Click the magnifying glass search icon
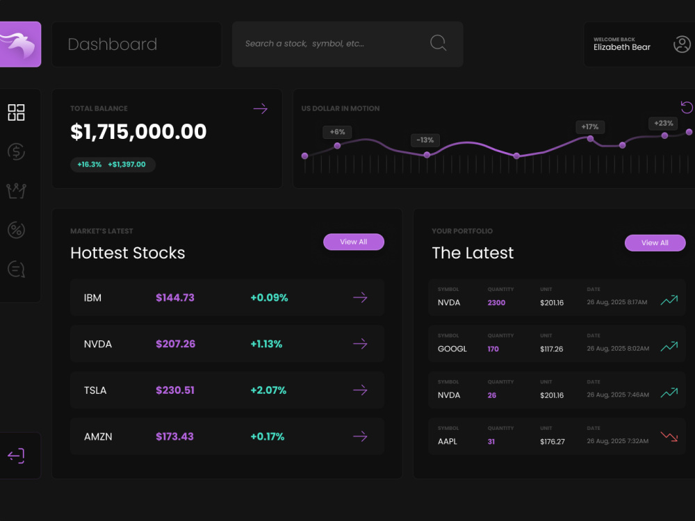coord(438,43)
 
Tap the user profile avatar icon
coord(682,44)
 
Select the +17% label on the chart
coord(590,126)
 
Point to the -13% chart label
coord(425,140)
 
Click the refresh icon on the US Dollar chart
coord(687,107)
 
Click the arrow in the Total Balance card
coord(260,108)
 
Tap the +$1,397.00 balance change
coord(126,165)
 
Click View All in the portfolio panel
coord(655,242)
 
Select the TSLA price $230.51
coord(175,390)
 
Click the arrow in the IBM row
coord(360,297)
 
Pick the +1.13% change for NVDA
coord(266,345)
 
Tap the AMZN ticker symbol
coord(98,437)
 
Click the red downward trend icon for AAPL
coord(669,436)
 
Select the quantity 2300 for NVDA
coord(496,303)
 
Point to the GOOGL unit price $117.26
coord(551,349)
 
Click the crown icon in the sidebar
coord(17,191)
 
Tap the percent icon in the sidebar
coord(17,230)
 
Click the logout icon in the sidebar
coord(16,456)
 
